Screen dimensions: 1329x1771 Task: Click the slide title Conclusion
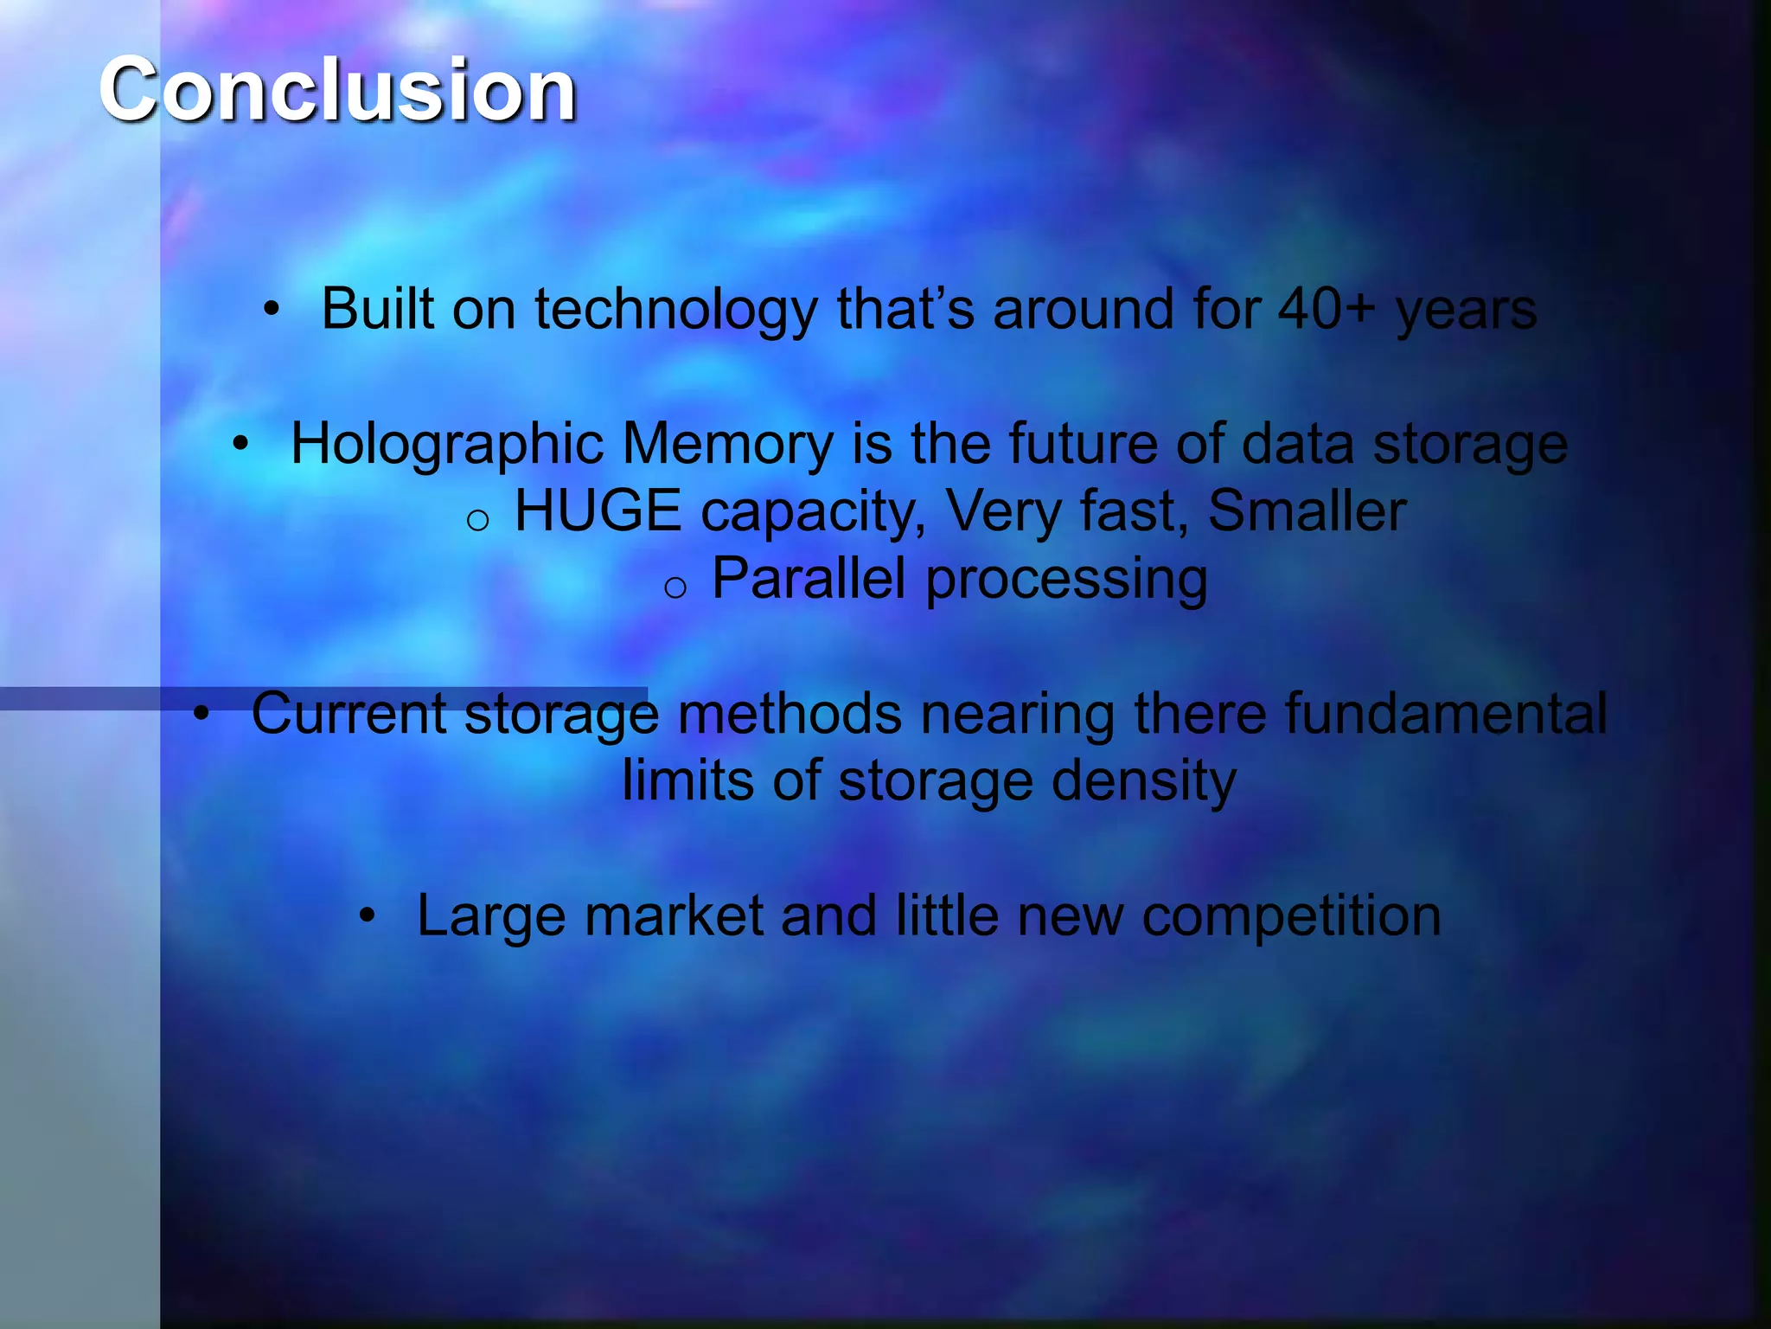tap(337, 89)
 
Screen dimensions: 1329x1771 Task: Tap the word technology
tap(675, 310)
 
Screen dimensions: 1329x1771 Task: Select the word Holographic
tap(446, 445)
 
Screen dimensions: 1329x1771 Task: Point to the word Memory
tap(727, 445)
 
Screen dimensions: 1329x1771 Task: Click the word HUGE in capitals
tap(598, 510)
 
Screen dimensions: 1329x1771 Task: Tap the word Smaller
tap(1307, 510)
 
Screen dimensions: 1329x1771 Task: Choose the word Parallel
tap(809, 578)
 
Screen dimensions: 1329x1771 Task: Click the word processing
tap(1066, 580)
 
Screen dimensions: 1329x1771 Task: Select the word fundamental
tap(1445, 713)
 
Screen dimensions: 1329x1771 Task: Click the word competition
tap(1291, 915)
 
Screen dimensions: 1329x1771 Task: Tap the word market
tap(674, 915)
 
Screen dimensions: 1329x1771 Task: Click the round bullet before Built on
tap(272, 309)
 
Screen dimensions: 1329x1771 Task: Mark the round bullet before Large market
tap(368, 916)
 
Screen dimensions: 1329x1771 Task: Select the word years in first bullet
tap(1466, 310)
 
